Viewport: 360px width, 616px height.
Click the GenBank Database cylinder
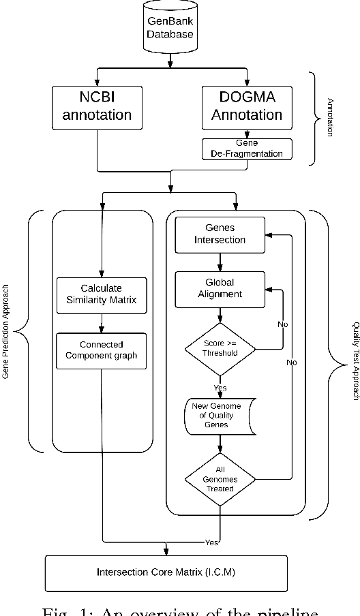click(x=171, y=27)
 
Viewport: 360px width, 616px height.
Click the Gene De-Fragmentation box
click(x=247, y=149)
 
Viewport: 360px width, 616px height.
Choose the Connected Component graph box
click(x=101, y=350)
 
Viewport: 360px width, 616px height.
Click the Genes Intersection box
click(x=220, y=233)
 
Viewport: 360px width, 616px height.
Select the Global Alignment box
click(x=220, y=288)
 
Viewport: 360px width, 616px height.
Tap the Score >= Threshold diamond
click(x=220, y=349)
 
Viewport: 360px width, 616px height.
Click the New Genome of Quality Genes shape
click(x=220, y=416)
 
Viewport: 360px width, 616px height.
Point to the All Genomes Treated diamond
click(x=220, y=479)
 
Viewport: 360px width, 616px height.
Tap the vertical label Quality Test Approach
click(x=354, y=361)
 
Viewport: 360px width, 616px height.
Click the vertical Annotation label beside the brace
click(x=330, y=117)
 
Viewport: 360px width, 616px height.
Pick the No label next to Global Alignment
click(x=282, y=324)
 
